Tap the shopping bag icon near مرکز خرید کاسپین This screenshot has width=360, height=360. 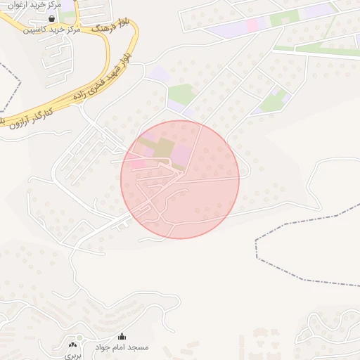[51, 19]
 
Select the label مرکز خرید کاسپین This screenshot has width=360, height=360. [51, 30]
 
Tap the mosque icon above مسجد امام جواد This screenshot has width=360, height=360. [122, 337]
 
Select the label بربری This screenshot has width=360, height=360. [73, 356]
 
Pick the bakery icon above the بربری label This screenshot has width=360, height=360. [73, 345]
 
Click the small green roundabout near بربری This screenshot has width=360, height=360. [79, 338]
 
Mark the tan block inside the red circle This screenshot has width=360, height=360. [162, 148]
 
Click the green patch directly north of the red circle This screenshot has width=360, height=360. [181, 94]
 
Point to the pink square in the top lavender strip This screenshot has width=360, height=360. [252, 25]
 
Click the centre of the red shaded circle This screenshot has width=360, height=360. [180, 179]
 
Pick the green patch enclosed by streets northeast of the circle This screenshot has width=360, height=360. [274, 103]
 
